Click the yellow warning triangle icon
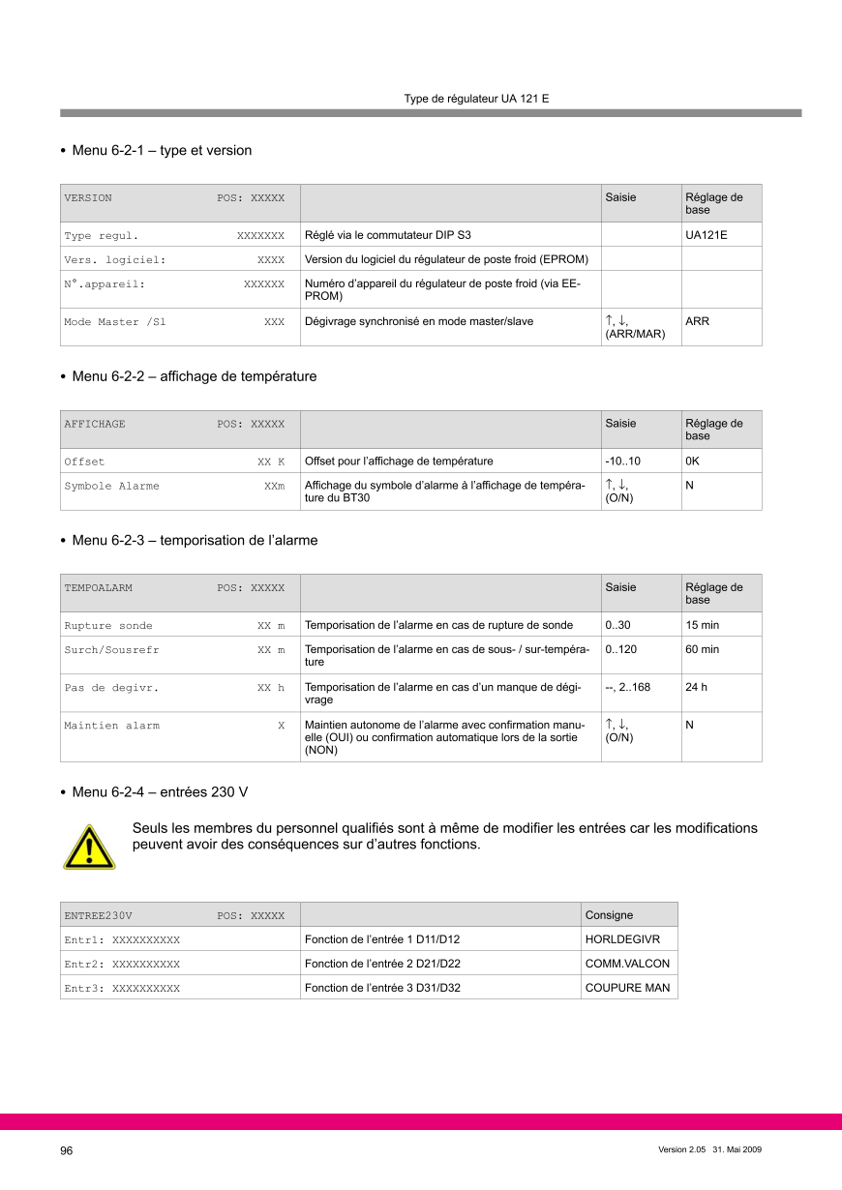89,847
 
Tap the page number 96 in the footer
67,1150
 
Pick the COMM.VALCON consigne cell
627,964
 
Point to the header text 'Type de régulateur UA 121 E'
476,99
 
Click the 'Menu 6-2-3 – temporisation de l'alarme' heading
195,541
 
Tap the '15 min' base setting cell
702,625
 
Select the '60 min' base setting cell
702,650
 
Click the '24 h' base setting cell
697,687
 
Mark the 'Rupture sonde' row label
108,626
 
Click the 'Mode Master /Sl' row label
115,322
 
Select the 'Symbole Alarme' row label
112,486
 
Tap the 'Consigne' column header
610,915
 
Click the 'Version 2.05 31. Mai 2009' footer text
709,1149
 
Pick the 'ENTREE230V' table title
98,915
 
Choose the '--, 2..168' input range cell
627,687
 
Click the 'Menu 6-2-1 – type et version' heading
162,151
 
